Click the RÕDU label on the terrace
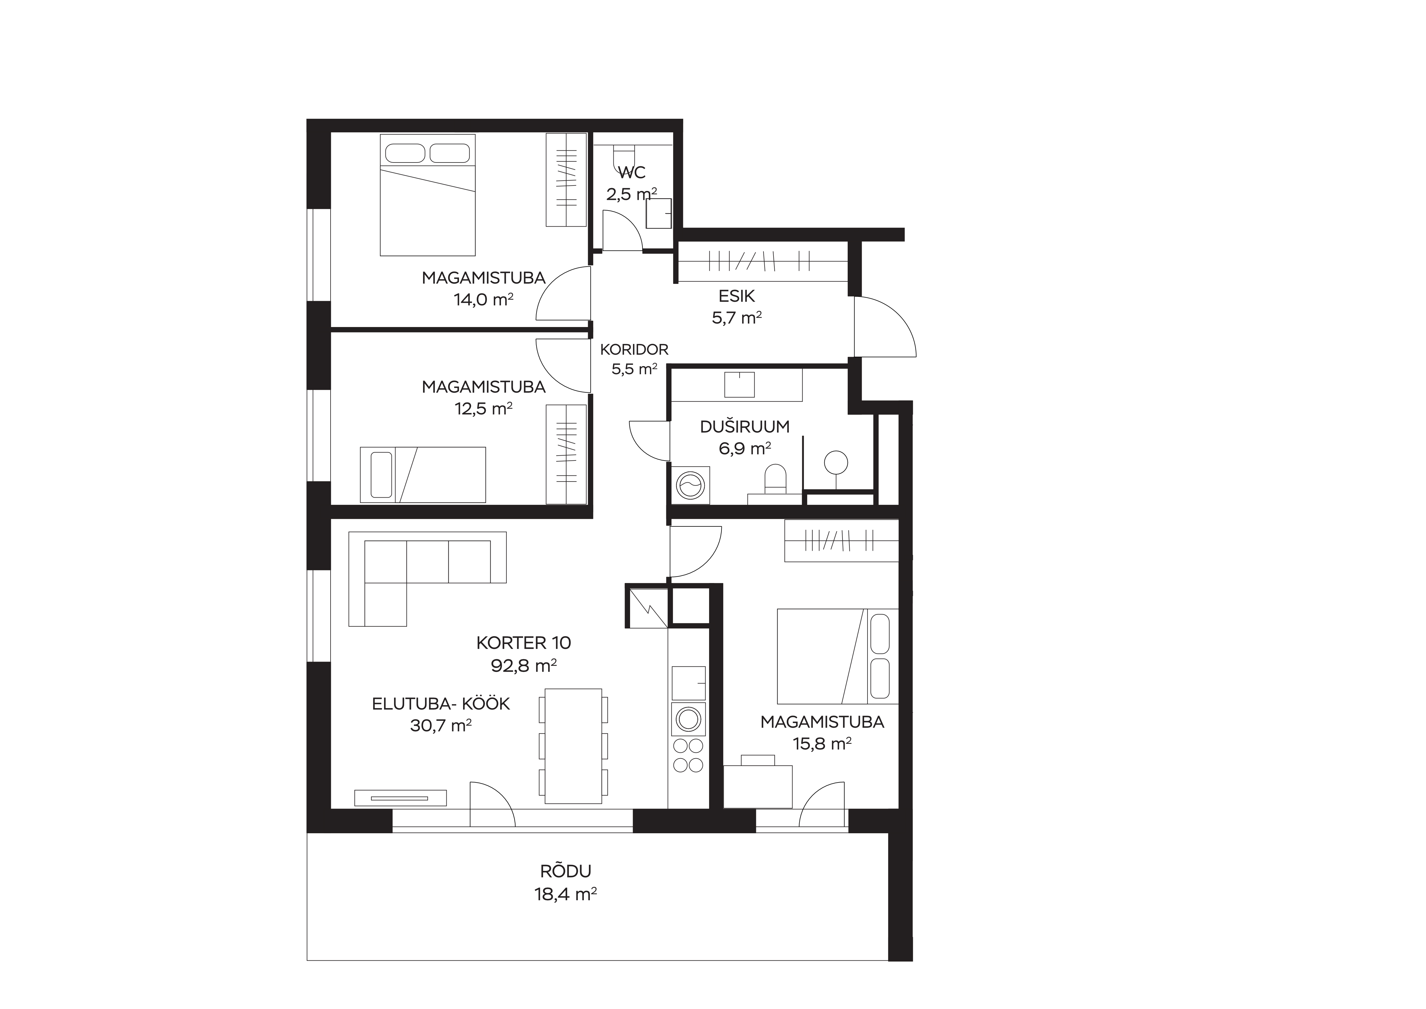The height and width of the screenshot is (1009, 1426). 565,871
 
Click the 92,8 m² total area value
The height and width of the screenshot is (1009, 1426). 523,666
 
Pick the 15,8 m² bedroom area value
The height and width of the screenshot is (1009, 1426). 822,744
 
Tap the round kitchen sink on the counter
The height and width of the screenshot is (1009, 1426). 688,719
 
